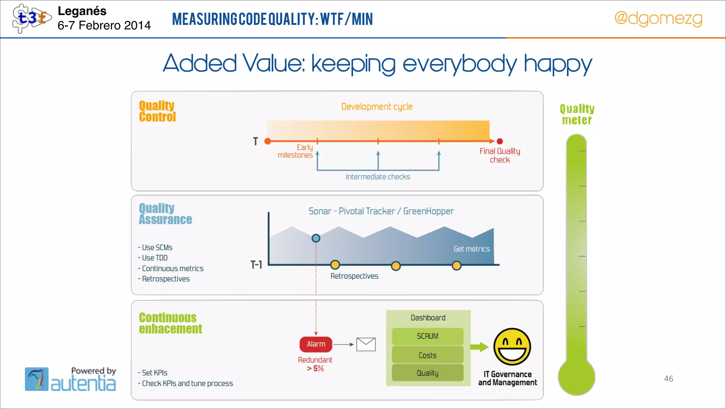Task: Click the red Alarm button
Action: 316,344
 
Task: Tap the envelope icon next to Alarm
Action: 366,344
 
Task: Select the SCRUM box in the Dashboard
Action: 428,336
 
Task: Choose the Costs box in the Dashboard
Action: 428,355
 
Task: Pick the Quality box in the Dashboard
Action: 428,373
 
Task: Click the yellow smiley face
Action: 512,347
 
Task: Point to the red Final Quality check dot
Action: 500,141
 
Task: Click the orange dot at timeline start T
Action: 268,141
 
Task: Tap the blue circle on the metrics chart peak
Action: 316,238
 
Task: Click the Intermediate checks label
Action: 378,177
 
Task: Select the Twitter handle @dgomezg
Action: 658,18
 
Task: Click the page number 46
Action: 669,379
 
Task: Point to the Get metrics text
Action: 471,249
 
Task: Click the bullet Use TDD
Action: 155,258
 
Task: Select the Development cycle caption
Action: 377,107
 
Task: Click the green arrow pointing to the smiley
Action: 479,347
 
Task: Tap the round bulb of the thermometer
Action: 576,377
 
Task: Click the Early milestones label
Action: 296,151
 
